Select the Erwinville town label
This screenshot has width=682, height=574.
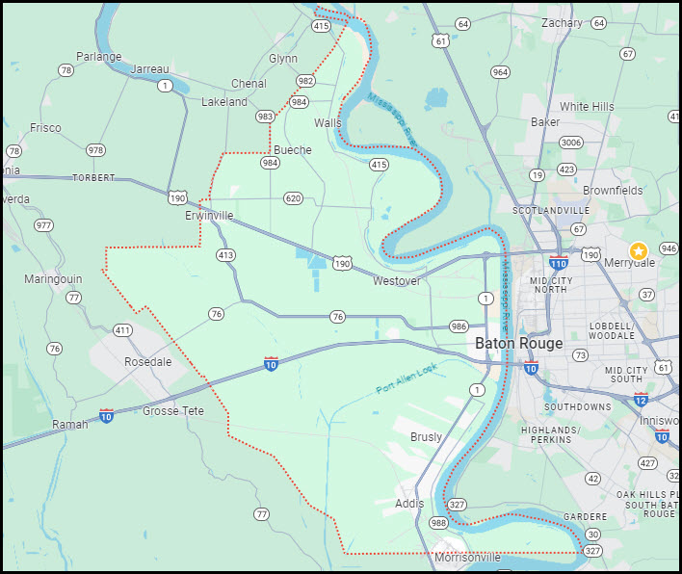[x=209, y=216]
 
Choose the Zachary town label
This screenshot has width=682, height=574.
[x=562, y=23]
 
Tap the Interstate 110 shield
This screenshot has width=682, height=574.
[x=559, y=262]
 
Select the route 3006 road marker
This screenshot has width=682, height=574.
[x=571, y=143]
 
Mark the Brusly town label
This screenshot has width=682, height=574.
[x=427, y=437]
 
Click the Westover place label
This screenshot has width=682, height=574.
[x=397, y=281]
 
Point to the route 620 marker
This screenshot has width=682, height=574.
[x=294, y=198]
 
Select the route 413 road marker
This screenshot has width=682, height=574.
[x=225, y=255]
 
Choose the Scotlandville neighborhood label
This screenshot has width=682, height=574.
[x=550, y=210]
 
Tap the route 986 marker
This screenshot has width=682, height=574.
[x=459, y=327]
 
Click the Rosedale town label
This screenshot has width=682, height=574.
[x=148, y=362]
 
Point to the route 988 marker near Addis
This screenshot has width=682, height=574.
[x=438, y=523]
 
